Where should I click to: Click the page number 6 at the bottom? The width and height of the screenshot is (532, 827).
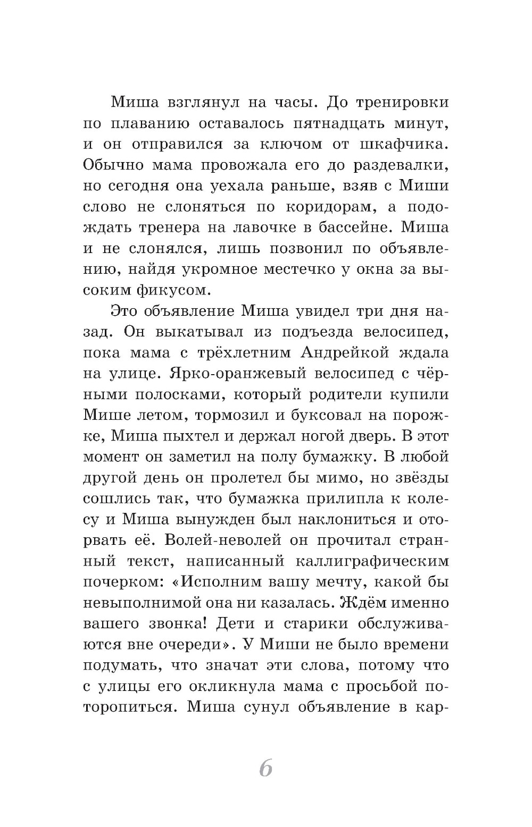(x=265, y=768)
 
